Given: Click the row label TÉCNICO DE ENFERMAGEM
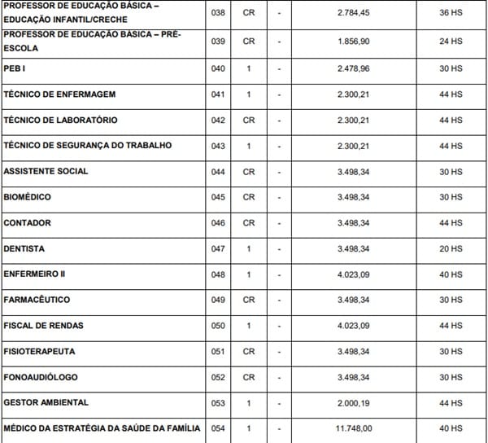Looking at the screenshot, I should pos(60,94).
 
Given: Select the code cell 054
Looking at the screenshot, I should pos(217,428).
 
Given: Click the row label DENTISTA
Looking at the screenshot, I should pos(24,248).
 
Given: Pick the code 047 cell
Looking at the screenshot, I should pos(217,248).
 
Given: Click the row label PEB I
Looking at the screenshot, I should pos(15,68).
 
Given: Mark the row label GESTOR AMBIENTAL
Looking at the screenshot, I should pos(46,402).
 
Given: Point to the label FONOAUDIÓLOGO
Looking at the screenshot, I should pos(41,377).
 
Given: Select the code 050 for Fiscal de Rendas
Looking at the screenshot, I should pos(217,326).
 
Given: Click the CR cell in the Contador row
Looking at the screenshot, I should pos(249,223).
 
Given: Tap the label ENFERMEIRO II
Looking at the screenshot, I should pos(34,274).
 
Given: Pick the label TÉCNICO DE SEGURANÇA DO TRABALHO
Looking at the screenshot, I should pos(88,146).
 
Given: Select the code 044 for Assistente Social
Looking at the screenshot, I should pos(217,172).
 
